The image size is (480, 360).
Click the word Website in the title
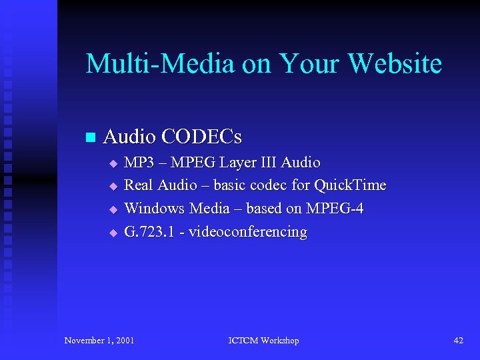tap(395, 64)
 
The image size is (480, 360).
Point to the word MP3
tap(139, 163)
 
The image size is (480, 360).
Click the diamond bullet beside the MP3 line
tap(113, 163)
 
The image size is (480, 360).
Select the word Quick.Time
tap(350, 185)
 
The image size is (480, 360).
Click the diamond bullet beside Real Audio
tap(113, 186)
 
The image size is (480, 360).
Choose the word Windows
tap(155, 209)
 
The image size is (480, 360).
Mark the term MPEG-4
tap(335, 209)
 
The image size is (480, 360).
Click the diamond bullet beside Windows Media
tap(113, 209)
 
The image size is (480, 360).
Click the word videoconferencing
tap(248, 232)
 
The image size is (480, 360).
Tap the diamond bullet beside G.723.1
tap(113, 233)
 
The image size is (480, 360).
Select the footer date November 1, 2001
tap(99, 341)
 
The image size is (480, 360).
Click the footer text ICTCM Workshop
tap(263, 341)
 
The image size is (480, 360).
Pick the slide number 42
tap(458, 341)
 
